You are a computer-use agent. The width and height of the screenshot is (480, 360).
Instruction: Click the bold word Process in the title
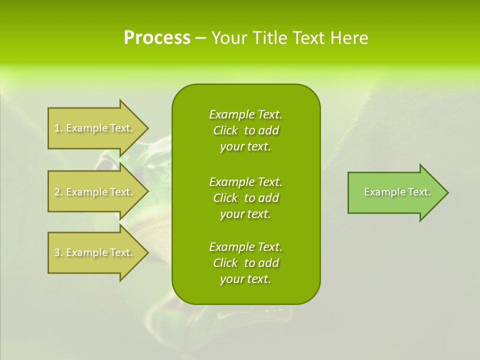point(157,38)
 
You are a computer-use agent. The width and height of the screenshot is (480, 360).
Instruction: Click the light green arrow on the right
point(395,192)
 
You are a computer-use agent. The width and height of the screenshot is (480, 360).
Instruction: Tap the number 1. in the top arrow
point(58,128)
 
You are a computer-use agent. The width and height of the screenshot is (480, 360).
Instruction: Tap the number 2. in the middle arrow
point(58,192)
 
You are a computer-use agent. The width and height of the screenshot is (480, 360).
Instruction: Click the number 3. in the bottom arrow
point(58,252)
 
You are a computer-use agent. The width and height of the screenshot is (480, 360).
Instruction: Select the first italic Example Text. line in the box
point(245,114)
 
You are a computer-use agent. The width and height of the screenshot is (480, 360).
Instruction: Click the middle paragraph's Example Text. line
point(245,181)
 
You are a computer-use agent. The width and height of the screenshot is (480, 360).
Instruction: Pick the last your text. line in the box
point(245,279)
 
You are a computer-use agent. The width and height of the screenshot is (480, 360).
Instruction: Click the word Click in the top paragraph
point(225,130)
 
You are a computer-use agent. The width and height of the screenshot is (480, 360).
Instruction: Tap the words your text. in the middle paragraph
point(245,214)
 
